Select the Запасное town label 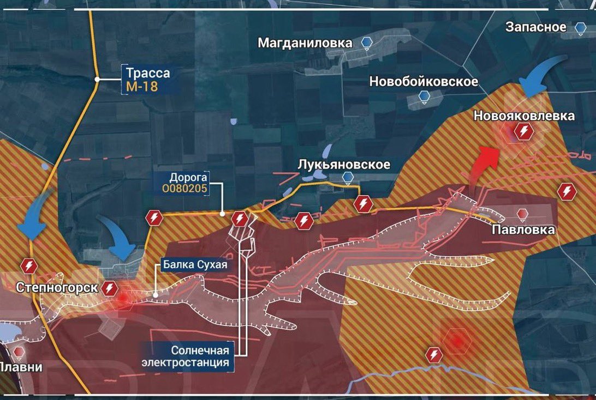point(535,27)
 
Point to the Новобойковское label point(424,82)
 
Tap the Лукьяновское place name point(344,164)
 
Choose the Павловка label point(523,229)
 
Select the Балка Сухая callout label point(194,265)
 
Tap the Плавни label point(21,366)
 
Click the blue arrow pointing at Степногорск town point(119,238)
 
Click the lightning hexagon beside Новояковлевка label point(524,131)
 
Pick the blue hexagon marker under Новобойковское point(424,96)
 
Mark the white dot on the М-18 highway point(97,80)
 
